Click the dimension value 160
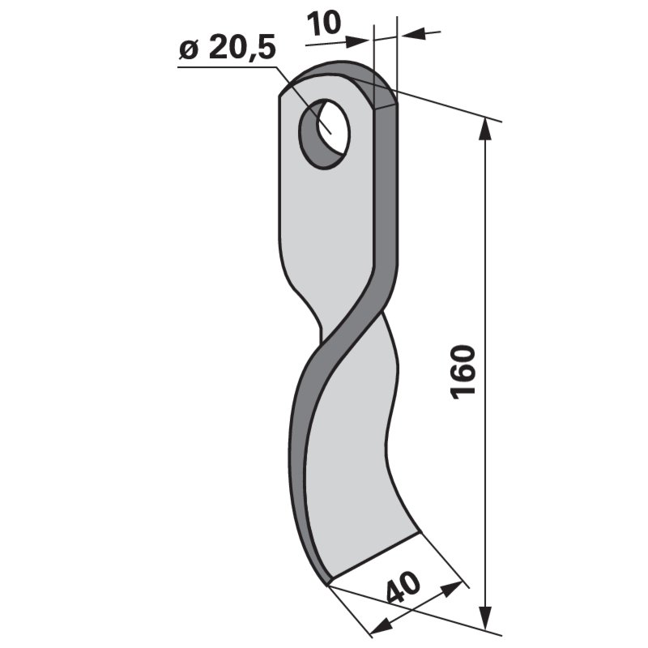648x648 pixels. (x=462, y=372)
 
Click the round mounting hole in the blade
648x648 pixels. (x=324, y=133)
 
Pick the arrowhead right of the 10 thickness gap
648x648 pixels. (x=410, y=34)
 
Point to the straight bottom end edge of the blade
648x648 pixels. (x=374, y=558)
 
